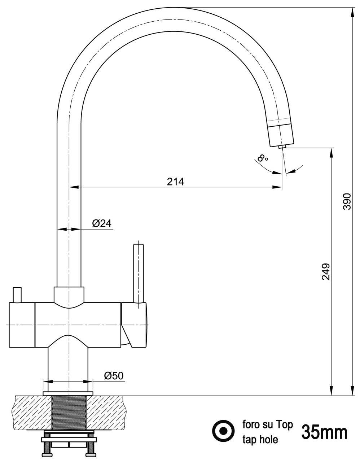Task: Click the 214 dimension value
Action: (x=175, y=182)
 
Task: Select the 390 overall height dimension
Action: (x=347, y=202)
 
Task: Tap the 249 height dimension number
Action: (x=325, y=271)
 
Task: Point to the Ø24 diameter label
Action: (x=101, y=223)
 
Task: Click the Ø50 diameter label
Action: (x=113, y=376)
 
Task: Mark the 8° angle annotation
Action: (x=263, y=158)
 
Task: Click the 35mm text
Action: (x=324, y=432)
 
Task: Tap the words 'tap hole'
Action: (x=260, y=439)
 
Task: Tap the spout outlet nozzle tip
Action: (x=282, y=147)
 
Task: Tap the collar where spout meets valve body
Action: (x=69, y=294)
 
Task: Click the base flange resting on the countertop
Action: (x=68, y=393)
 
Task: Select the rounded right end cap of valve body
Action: (x=140, y=325)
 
